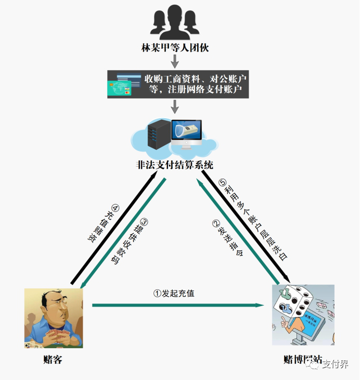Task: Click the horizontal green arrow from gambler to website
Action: tap(177, 305)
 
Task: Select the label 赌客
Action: tap(53, 359)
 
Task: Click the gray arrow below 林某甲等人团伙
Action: tap(175, 61)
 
